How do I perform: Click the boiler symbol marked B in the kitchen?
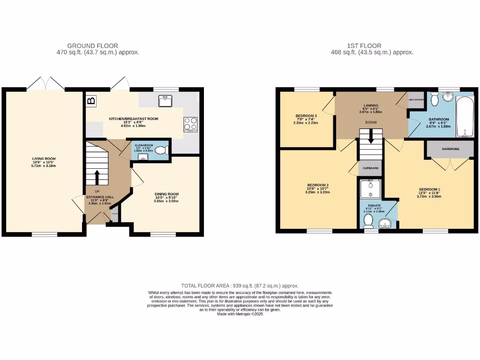click(91, 100)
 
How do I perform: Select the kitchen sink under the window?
click(165, 101)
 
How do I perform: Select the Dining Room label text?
click(166, 194)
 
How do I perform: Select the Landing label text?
click(371, 106)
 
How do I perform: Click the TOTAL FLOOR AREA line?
click(240, 285)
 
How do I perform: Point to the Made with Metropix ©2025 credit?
click(240, 314)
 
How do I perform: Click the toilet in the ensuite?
click(368, 220)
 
